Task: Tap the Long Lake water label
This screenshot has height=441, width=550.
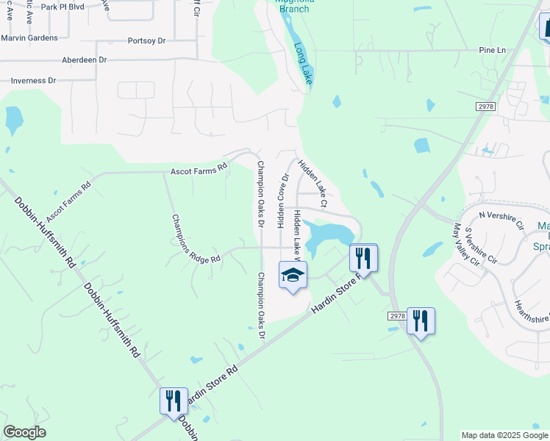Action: [x=303, y=63]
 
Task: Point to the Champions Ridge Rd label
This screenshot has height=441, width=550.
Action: [x=195, y=239]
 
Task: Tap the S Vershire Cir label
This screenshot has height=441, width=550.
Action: [x=481, y=244]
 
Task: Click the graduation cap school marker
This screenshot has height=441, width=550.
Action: [x=293, y=276]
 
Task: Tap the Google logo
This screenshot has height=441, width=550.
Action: [x=24, y=432]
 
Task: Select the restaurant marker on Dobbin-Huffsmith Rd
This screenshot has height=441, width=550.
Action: [x=174, y=401]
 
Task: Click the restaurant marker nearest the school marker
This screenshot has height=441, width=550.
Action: [x=363, y=258]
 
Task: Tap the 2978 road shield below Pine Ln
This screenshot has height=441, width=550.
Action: [x=485, y=107]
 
